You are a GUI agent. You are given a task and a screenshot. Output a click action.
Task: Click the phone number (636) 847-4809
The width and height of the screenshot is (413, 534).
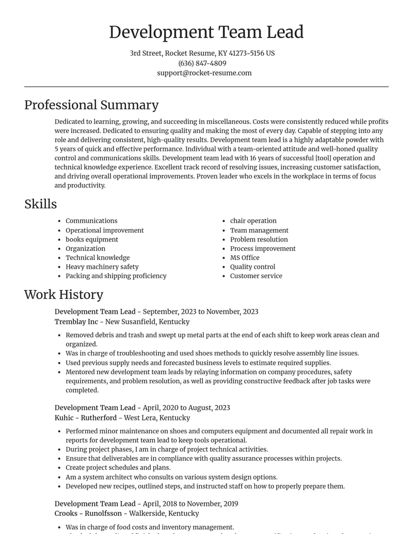(x=202, y=63)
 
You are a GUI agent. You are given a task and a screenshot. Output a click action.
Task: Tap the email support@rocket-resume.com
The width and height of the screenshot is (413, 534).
(x=204, y=73)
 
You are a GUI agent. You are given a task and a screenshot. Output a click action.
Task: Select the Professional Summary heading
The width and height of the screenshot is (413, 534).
(x=91, y=105)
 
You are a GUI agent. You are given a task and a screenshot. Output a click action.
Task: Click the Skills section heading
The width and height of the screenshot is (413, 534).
(x=40, y=204)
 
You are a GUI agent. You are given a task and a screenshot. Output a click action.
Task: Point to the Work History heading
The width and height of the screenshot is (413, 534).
(x=63, y=295)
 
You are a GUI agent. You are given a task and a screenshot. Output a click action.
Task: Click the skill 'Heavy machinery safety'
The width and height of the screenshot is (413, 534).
(x=102, y=267)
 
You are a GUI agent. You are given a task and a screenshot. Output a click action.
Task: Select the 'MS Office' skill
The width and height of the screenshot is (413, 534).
(x=245, y=257)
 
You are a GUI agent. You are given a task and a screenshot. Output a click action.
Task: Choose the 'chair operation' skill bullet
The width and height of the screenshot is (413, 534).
(x=253, y=221)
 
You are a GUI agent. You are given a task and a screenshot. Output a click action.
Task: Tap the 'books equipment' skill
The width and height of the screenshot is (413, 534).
(x=91, y=239)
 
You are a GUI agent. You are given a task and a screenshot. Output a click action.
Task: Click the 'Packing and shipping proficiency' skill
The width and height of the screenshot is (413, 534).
(x=116, y=276)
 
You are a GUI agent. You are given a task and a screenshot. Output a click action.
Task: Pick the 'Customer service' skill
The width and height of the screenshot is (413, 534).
(x=256, y=276)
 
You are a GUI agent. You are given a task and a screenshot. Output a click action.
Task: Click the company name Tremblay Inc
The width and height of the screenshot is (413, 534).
(x=76, y=322)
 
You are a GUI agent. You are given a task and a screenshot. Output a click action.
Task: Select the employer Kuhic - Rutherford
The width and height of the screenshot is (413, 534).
(x=86, y=418)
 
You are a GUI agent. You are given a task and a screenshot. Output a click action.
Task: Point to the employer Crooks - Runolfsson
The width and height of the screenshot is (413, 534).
(x=88, y=514)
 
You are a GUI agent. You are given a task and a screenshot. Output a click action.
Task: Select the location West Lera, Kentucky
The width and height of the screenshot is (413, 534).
(x=157, y=418)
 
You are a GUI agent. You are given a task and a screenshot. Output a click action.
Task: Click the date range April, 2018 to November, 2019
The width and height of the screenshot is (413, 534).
(x=190, y=504)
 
